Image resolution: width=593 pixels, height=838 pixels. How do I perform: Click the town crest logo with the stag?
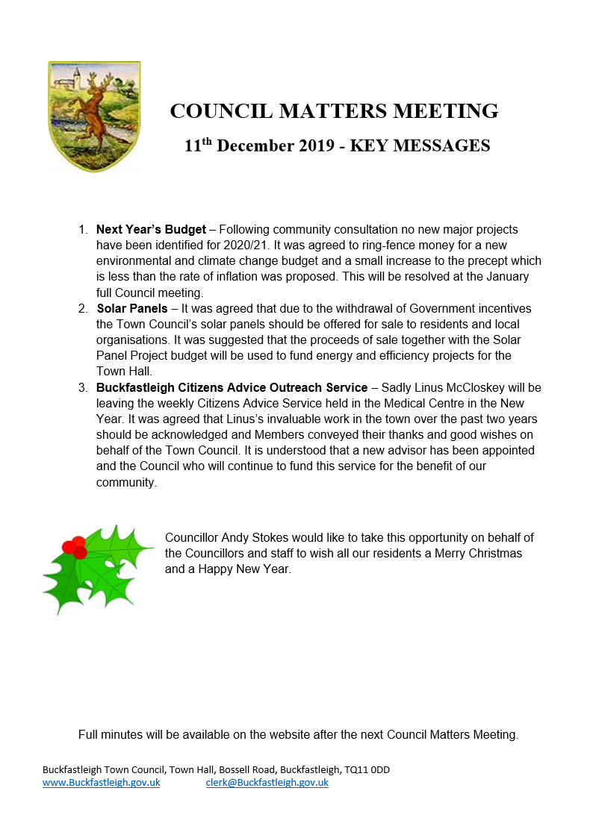click(x=94, y=116)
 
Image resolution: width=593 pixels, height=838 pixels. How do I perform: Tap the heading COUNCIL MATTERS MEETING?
click(x=334, y=111)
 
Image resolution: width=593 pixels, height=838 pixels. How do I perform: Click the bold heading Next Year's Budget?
click(x=151, y=229)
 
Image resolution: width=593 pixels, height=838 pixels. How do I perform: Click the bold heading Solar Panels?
click(x=132, y=308)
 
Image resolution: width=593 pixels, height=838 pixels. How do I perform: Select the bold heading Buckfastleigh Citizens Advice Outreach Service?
click(x=232, y=387)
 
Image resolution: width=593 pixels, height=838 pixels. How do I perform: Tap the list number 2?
click(x=83, y=308)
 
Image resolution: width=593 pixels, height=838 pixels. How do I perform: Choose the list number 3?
click(x=83, y=387)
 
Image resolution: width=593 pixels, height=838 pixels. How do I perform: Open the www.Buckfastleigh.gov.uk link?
click(x=102, y=783)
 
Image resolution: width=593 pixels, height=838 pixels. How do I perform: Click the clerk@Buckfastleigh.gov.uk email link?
click(x=267, y=783)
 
